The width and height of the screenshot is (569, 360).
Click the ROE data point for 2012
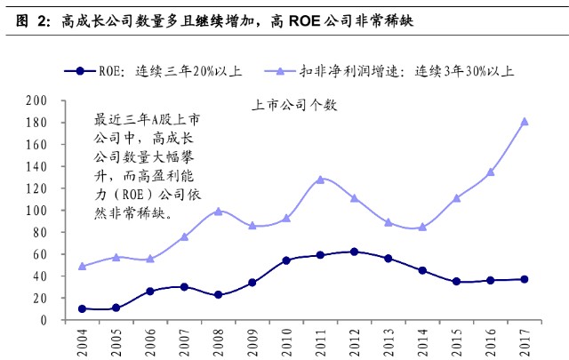tap(354, 252)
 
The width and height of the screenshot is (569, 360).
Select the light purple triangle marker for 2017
tap(525, 122)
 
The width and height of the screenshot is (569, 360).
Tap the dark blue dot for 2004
tap(82, 308)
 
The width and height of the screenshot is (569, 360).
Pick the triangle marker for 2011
tap(320, 180)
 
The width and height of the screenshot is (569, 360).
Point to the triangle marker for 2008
tap(218, 212)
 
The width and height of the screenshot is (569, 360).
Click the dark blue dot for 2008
tap(218, 295)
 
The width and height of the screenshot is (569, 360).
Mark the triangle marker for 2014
tap(422, 228)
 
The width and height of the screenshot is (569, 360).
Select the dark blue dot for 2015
tap(456, 281)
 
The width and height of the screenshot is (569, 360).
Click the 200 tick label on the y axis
tap(36, 100)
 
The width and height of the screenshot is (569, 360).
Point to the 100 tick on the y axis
tap(36, 211)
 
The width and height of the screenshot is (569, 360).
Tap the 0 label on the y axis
tap(44, 320)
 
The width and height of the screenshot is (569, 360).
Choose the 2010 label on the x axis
tap(286, 342)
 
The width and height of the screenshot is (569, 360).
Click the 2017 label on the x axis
tap(525, 342)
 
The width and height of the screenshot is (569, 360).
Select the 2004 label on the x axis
tap(83, 342)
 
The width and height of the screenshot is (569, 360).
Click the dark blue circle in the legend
tap(80, 71)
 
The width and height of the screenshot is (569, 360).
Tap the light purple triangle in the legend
tap(280, 71)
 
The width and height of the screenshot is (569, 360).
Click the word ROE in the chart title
tap(304, 21)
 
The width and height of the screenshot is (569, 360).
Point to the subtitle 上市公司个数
tap(294, 105)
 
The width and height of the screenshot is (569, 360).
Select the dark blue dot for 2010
tap(286, 260)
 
